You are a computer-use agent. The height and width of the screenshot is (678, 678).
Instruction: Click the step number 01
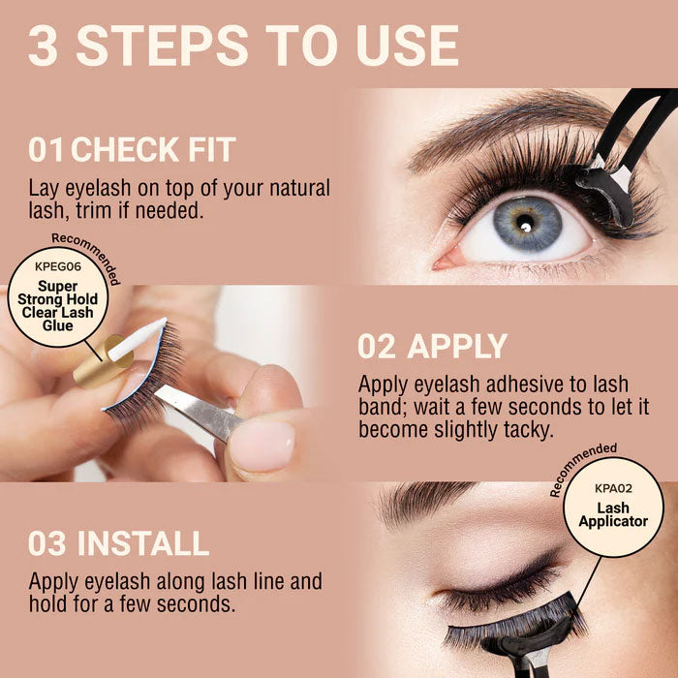point(46,150)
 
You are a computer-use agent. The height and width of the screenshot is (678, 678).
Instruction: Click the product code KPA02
point(613,489)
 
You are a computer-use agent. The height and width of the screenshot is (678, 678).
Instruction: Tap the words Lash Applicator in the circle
point(613,514)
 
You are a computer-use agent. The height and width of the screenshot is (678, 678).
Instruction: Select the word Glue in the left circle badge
point(59,326)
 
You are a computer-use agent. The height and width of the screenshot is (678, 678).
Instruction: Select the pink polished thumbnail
point(262,446)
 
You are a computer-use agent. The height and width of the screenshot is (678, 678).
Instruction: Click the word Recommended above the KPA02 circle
point(581,468)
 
